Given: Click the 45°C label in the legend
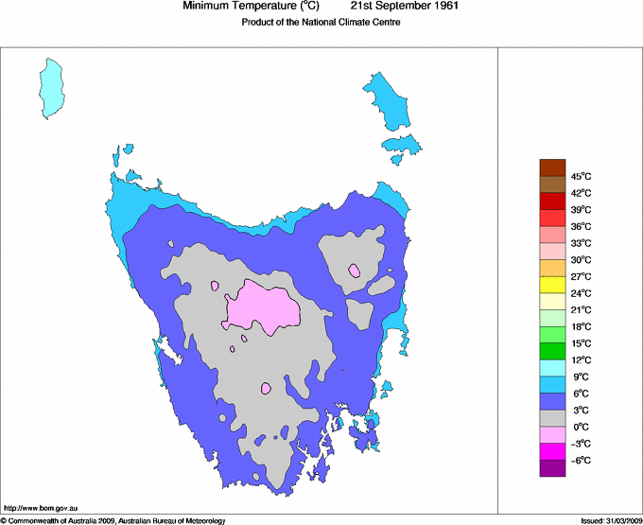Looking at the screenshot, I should pos(580,176).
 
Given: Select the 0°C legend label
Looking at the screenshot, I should pos(580,427).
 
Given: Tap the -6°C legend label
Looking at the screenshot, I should pos(580,460).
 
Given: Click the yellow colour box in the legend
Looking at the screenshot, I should pos(552,285).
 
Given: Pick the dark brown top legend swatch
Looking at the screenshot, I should pos(552,167).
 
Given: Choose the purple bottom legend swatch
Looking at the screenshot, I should pos(552,468).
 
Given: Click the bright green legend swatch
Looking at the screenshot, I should pos(552,352).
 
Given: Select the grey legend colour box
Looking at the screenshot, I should pos(552,418).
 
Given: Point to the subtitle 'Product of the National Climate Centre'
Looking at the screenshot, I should pos(321,23).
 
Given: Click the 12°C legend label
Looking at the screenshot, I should pos(580,360).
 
